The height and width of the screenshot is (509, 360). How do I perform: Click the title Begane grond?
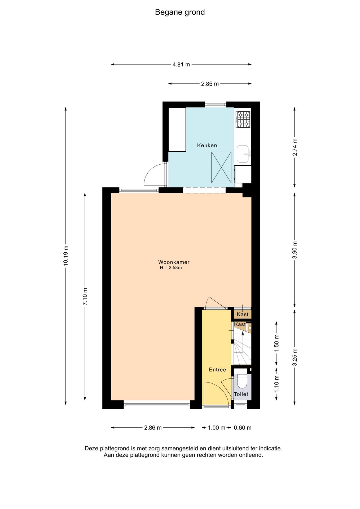pyautogui.click(x=180, y=12)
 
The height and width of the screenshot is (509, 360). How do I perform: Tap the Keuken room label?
pyautogui.click(x=207, y=145)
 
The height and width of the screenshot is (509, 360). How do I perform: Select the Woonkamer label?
pyautogui.click(x=174, y=262)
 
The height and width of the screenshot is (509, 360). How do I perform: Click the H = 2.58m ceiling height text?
pyautogui.click(x=171, y=268)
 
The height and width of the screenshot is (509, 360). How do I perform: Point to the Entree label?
pyautogui.click(x=217, y=370)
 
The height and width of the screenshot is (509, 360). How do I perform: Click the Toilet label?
pyautogui.click(x=241, y=394)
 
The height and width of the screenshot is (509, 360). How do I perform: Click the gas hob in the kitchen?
pyautogui.click(x=243, y=119)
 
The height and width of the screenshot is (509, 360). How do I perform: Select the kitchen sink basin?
pyautogui.click(x=243, y=154)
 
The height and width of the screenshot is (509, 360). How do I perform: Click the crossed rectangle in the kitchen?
pyautogui.click(x=221, y=167)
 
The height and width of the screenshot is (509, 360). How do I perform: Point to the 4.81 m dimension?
pyautogui.click(x=181, y=64)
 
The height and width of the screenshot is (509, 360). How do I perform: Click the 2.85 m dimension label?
pyautogui.click(x=210, y=84)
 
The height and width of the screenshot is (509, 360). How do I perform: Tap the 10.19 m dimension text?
pyautogui.click(x=66, y=256)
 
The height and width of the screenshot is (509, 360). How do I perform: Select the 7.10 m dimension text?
pyautogui.click(x=85, y=296)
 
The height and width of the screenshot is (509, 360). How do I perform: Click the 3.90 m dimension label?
pyautogui.click(x=295, y=250)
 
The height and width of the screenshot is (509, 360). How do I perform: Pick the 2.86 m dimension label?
pyautogui.click(x=153, y=428)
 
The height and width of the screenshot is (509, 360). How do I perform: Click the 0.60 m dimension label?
pyautogui.click(x=243, y=428)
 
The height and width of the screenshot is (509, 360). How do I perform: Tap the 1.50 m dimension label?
pyautogui.click(x=276, y=343)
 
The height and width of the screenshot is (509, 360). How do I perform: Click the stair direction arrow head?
pyautogui.click(x=243, y=333)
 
